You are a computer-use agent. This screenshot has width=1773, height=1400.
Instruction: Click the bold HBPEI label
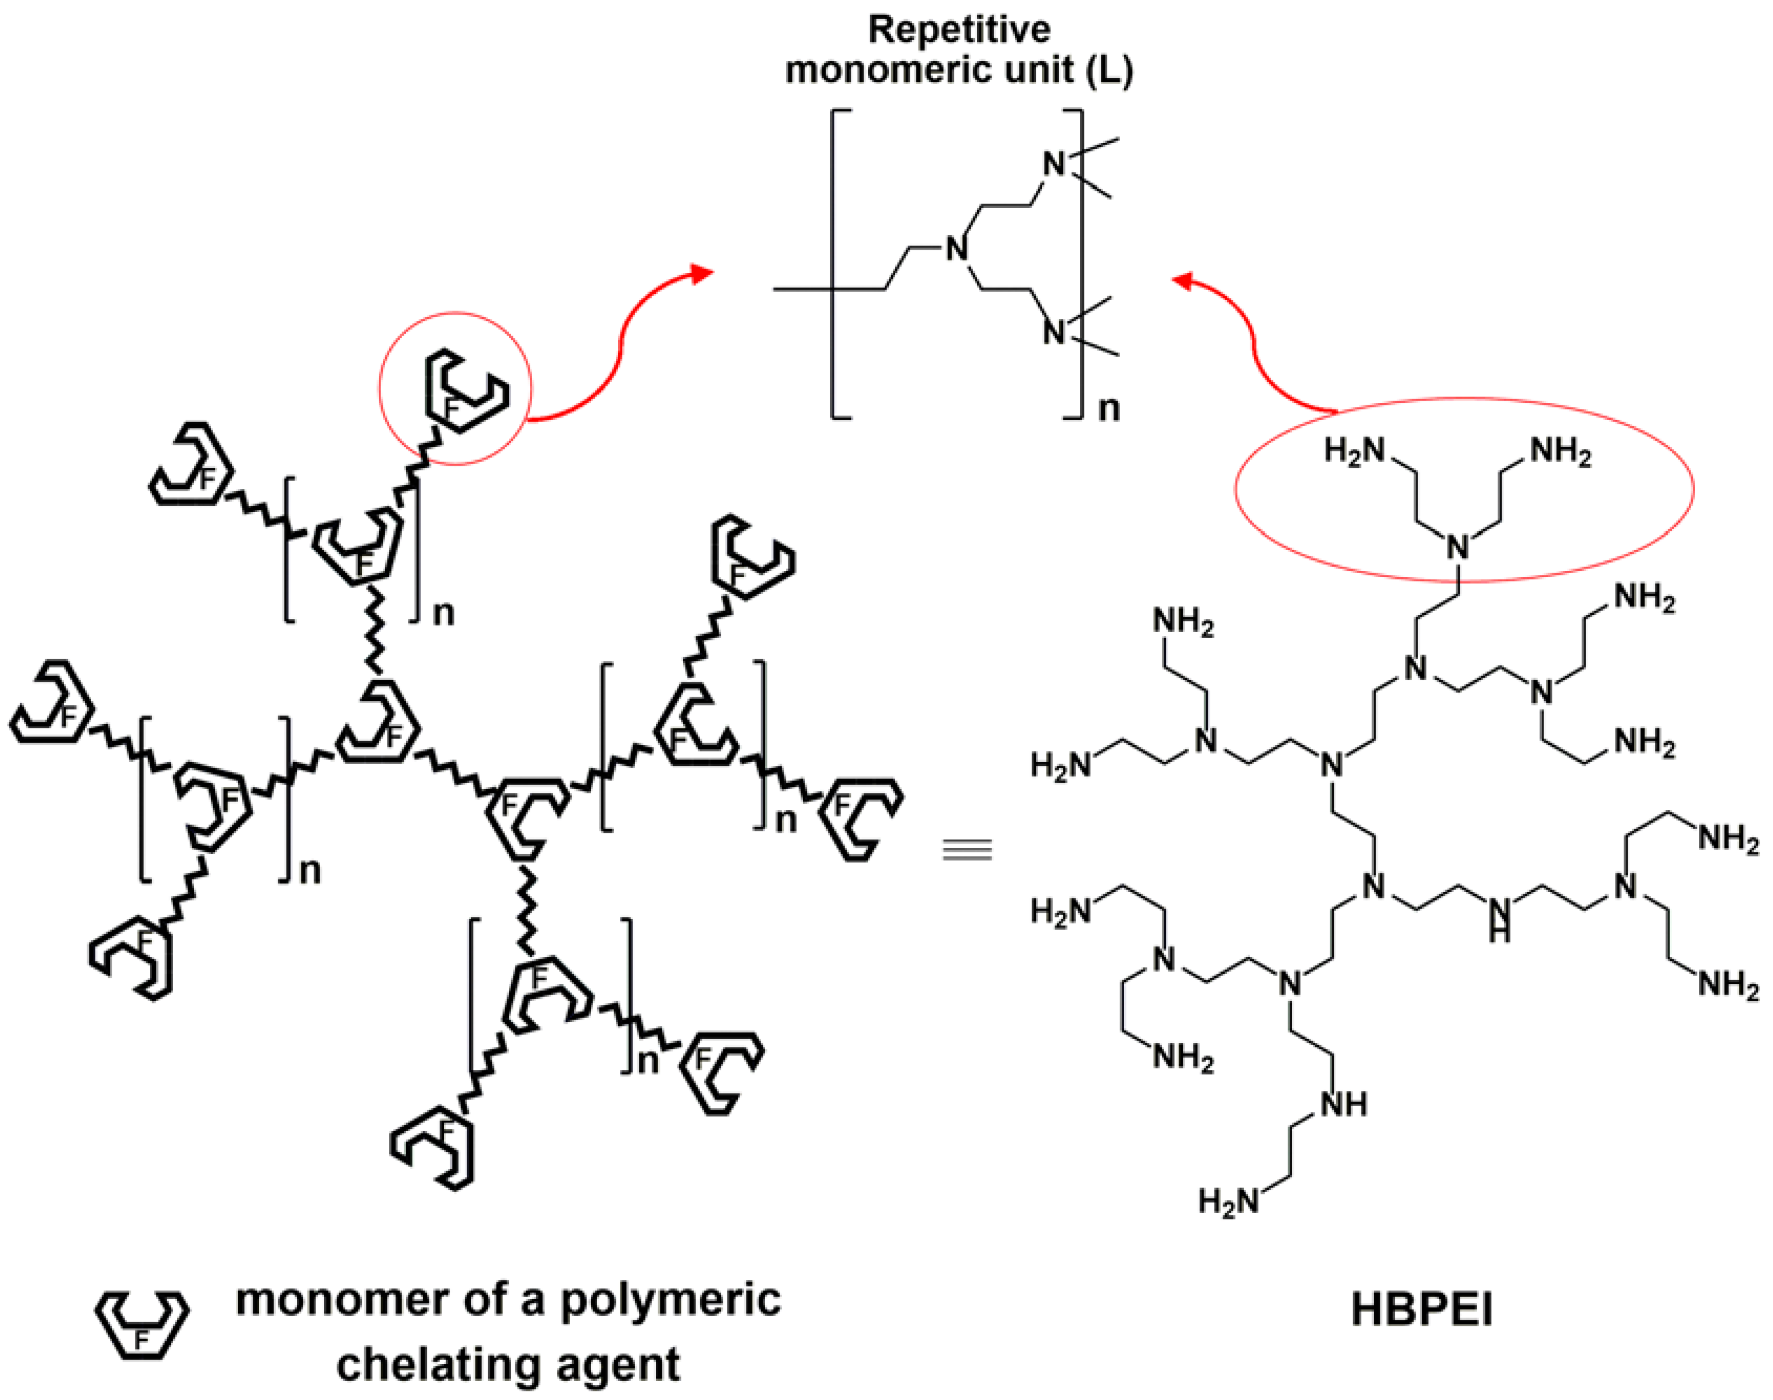(x=1421, y=1309)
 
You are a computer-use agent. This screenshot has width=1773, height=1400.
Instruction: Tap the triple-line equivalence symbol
(x=968, y=850)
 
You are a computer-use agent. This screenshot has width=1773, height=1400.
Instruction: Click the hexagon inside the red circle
(x=464, y=392)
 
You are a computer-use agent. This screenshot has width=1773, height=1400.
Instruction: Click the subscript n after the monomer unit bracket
(x=1109, y=408)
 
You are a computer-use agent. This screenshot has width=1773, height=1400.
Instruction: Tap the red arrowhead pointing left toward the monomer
(x=1182, y=281)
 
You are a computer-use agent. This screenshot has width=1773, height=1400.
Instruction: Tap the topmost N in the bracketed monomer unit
(x=1054, y=164)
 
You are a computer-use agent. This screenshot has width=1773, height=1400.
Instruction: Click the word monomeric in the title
(x=929, y=70)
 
